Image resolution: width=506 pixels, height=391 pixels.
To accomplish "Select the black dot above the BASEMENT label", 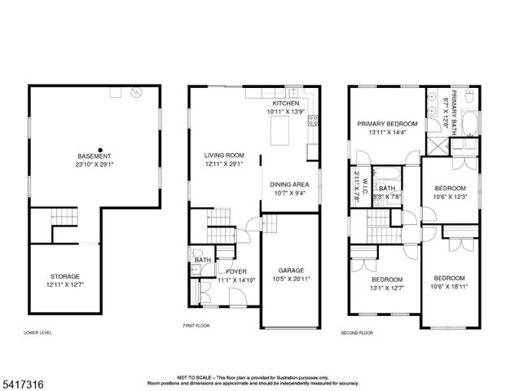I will point(100,148).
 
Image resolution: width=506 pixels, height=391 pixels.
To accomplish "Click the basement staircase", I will point(64,218).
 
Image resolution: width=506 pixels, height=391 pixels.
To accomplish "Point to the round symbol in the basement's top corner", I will point(136,93).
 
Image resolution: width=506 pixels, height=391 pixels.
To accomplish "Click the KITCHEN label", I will point(285,104).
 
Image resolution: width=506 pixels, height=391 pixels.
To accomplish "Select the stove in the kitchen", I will point(312,123).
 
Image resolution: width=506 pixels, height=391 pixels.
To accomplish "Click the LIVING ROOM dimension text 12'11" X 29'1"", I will point(224,164).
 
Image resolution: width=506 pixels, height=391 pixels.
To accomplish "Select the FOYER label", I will point(236,271).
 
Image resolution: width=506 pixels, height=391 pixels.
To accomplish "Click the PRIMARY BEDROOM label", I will point(387,124).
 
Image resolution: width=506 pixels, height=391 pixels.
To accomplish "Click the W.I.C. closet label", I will point(366,187).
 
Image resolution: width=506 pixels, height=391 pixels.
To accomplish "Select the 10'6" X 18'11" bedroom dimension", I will point(449,286).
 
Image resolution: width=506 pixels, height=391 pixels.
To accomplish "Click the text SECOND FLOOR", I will point(357,333).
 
